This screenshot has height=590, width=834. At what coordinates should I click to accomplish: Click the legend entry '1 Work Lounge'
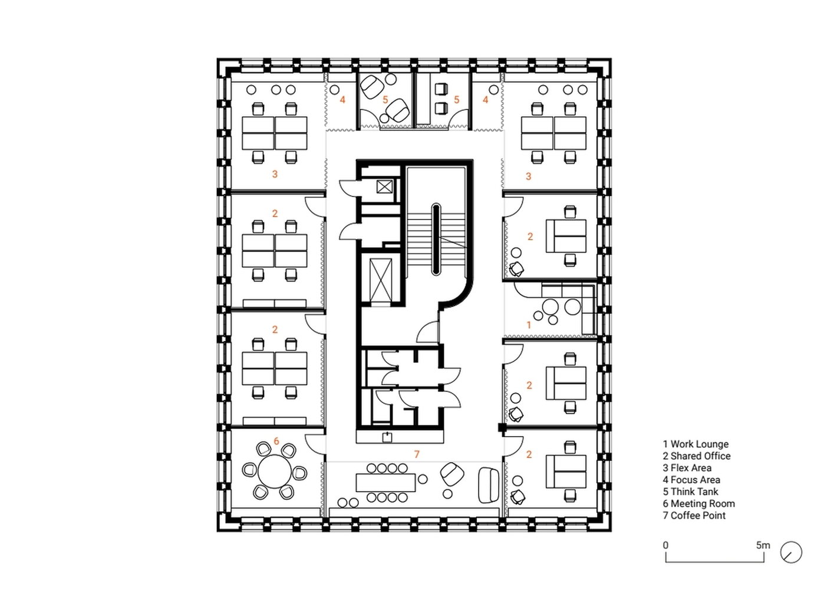pos(695,444)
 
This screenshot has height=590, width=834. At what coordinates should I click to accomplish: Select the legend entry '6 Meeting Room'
pos(698,503)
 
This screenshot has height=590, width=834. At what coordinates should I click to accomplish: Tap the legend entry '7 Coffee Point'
pos(694,516)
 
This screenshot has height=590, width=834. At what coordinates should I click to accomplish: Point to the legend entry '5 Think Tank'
pos(690,491)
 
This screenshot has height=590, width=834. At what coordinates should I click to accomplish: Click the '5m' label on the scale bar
pos(763,545)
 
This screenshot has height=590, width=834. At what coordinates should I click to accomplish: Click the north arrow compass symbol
pos(791,552)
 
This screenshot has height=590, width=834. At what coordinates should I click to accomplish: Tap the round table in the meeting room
pos(275,471)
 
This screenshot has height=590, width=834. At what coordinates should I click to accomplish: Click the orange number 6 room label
pos(276,441)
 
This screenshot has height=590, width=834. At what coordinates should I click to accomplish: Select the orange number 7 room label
pos(417,454)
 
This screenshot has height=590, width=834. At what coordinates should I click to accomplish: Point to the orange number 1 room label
pos(529,325)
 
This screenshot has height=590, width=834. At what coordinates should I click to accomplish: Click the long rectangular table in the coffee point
pos(385,483)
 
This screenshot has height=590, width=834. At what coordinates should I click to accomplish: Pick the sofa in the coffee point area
pos(489,485)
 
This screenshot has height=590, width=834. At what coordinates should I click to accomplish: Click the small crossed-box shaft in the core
pos(384,186)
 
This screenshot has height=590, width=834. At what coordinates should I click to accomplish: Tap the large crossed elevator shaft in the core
pos(381,280)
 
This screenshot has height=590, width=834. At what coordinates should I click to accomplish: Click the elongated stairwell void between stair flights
pos(436,240)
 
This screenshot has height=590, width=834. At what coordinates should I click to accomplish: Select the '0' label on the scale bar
pos(665,545)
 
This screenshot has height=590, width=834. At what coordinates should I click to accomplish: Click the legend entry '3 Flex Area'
pos(687,468)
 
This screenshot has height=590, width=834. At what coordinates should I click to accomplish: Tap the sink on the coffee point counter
pos(387,437)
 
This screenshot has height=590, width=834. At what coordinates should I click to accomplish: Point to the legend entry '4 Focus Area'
pos(691,480)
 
